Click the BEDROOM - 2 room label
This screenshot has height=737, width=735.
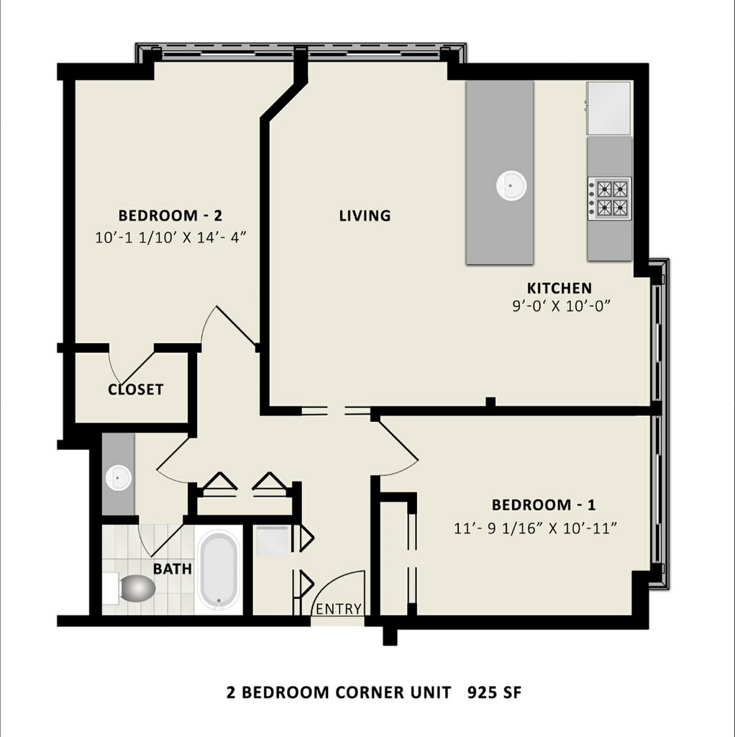[x=170, y=216]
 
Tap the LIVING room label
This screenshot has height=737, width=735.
[x=365, y=216]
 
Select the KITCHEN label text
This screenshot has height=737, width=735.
[x=559, y=288]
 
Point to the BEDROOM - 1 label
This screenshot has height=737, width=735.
[x=544, y=505]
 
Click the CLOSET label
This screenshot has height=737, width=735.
[x=136, y=389]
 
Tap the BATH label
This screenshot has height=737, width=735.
[x=173, y=569]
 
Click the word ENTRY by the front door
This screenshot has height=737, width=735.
[x=339, y=609]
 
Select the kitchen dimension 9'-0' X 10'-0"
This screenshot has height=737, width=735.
[x=561, y=307]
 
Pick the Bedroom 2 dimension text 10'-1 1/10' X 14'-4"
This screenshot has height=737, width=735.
[x=170, y=238]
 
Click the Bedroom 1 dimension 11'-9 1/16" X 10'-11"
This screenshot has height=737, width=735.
[x=535, y=528]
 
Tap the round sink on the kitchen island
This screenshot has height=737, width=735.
[x=511, y=185]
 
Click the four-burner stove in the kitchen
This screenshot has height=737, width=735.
[x=609, y=199]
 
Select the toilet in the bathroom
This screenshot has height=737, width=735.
[x=133, y=588]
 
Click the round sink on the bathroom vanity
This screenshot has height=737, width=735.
[x=118, y=478]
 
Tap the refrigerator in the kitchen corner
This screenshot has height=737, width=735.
[x=608, y=108]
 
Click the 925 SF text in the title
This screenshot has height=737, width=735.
[x=494, y=692]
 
